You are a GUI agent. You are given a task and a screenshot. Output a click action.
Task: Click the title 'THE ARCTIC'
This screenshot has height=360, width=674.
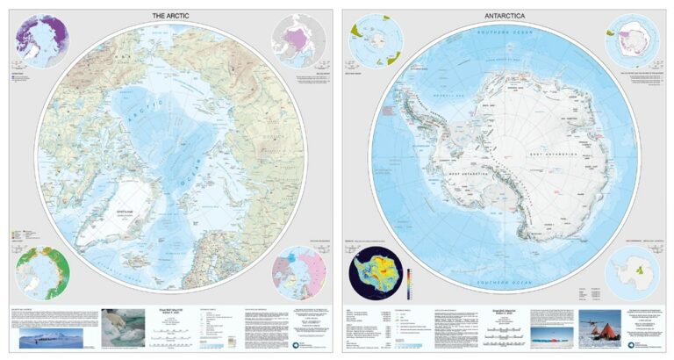(x=169, y=16)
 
